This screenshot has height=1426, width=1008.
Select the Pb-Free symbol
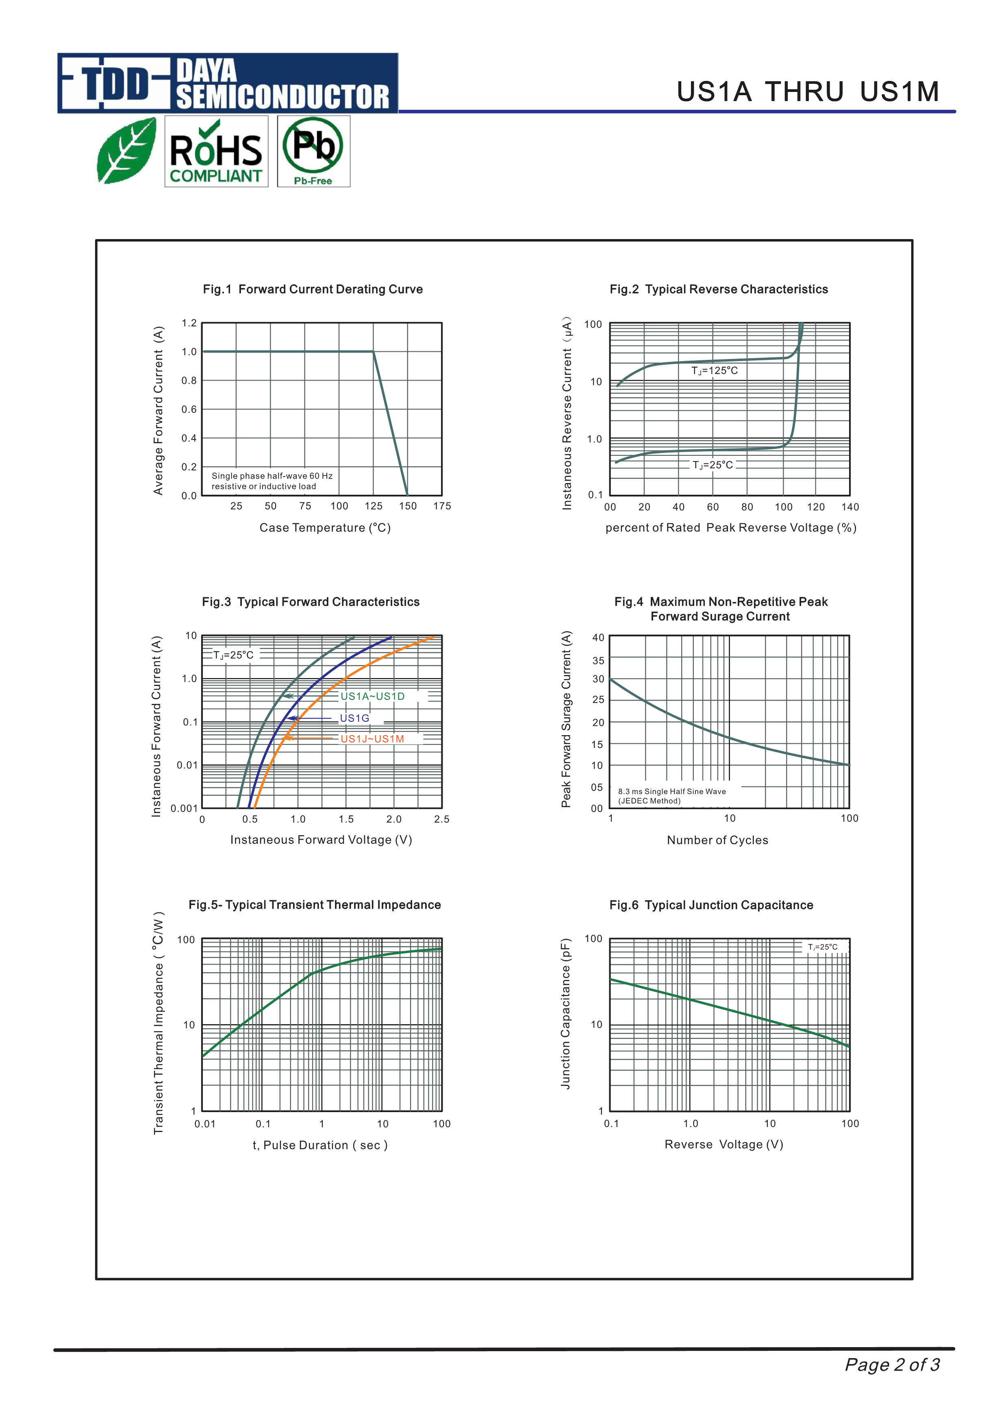click(313, 151)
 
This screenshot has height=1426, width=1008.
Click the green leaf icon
click(127, 151)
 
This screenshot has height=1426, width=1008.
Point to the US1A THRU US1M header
click(808, 92)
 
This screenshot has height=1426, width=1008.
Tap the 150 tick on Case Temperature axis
click(408, 506)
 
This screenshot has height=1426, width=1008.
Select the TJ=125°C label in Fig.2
click(715, 371)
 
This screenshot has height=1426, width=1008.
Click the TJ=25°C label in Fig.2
click(713, 465)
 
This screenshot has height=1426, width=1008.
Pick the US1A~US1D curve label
click(372, 696)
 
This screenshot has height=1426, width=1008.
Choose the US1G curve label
click(354, 718)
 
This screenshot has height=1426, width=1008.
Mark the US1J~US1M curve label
click(372, 739)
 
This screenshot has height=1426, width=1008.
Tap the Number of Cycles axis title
click(717, 840)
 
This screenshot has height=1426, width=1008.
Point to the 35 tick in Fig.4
click(598, 661)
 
